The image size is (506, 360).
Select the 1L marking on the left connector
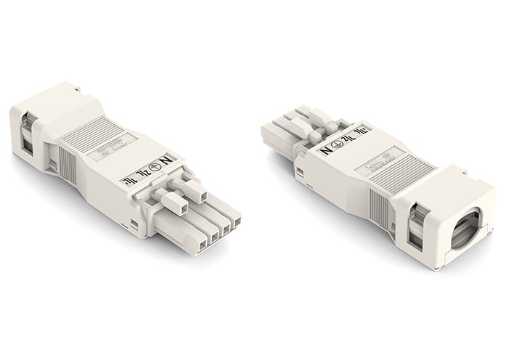click(x=129, y=181)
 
